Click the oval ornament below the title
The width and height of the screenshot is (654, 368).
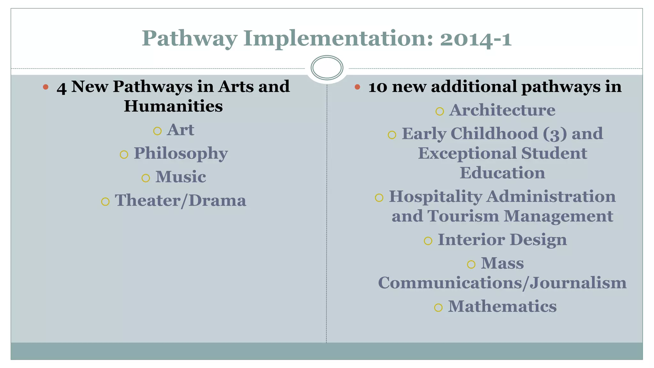pos(327,68)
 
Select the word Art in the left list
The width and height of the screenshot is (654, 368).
pos(180,130)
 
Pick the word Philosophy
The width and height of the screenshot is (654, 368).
pos(180,154)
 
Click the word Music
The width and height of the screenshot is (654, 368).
pos(180,177)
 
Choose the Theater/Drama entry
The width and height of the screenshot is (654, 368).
pos(180,201)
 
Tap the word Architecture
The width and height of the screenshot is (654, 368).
pos(502,110)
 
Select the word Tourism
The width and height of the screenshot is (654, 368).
pos(463,216)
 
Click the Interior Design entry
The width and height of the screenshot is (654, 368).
pos(502,240)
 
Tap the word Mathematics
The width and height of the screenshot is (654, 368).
pos(502,306)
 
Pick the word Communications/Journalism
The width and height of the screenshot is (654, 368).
pos(502,283)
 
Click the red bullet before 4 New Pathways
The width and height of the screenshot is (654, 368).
pos(46,87)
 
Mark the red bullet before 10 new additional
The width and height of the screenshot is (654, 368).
pos(357,87)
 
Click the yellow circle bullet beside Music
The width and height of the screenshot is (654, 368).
pos(146,178)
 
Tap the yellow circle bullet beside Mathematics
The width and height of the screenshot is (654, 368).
pos(438,308)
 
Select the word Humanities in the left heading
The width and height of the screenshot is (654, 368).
pos(173,106)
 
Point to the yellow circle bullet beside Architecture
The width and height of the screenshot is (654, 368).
pos(440,111)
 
